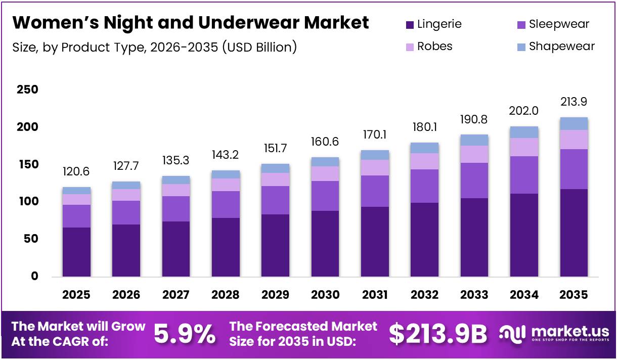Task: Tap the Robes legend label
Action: coord(434,47)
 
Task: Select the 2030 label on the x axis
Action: coord(325,295)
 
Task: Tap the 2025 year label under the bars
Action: coord(76,295)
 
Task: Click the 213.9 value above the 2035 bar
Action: coord(574,102)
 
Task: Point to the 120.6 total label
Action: coord(76,172)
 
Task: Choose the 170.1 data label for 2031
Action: coord(375,135)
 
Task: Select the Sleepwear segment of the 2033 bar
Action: coord(474,181)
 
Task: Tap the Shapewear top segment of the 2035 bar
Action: coord(574,123)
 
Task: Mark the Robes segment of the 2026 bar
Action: coord(126,195)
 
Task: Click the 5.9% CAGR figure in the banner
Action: coord(184,334)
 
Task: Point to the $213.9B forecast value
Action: coord(437,334)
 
